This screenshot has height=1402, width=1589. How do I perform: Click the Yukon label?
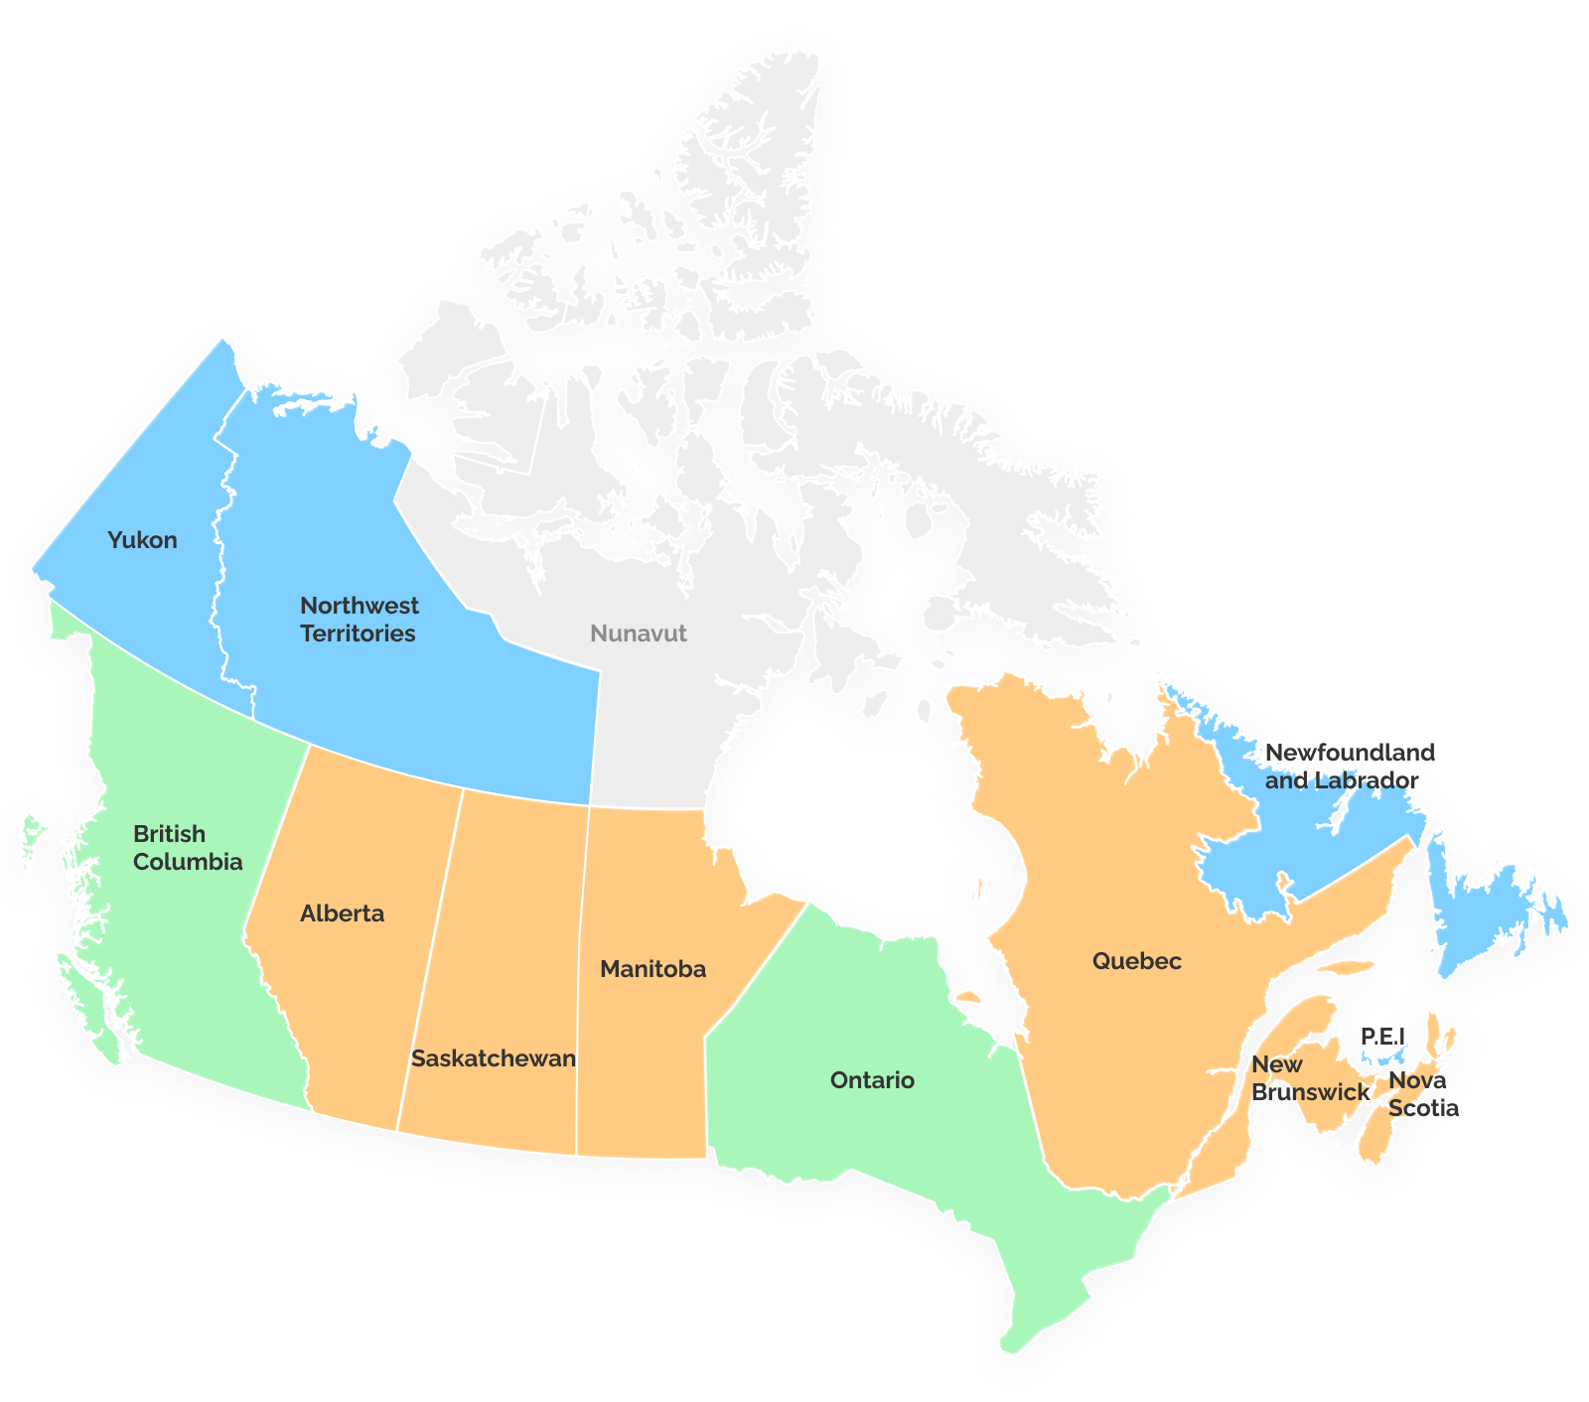coord(142,540)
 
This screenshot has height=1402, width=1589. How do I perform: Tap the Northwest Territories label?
coord(359,620)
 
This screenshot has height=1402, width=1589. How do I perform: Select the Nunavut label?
coord(638,633)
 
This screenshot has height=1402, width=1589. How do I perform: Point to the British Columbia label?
coord(187,848)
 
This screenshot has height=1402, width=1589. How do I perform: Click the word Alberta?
coord(342,913)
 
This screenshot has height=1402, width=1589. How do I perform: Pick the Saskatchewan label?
coord(493,1058)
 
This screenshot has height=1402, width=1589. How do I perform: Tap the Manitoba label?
coord(652,969)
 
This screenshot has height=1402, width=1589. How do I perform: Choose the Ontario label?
coord(872,1080)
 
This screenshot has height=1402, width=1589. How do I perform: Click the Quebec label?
coord(1136,961)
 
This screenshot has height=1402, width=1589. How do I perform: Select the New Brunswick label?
coord(1309,1078)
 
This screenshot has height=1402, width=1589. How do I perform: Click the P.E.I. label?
coord(1383,1037)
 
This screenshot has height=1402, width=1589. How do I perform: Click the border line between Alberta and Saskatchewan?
coord(431,953)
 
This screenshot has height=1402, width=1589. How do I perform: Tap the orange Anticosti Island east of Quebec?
coord(1346,967)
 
